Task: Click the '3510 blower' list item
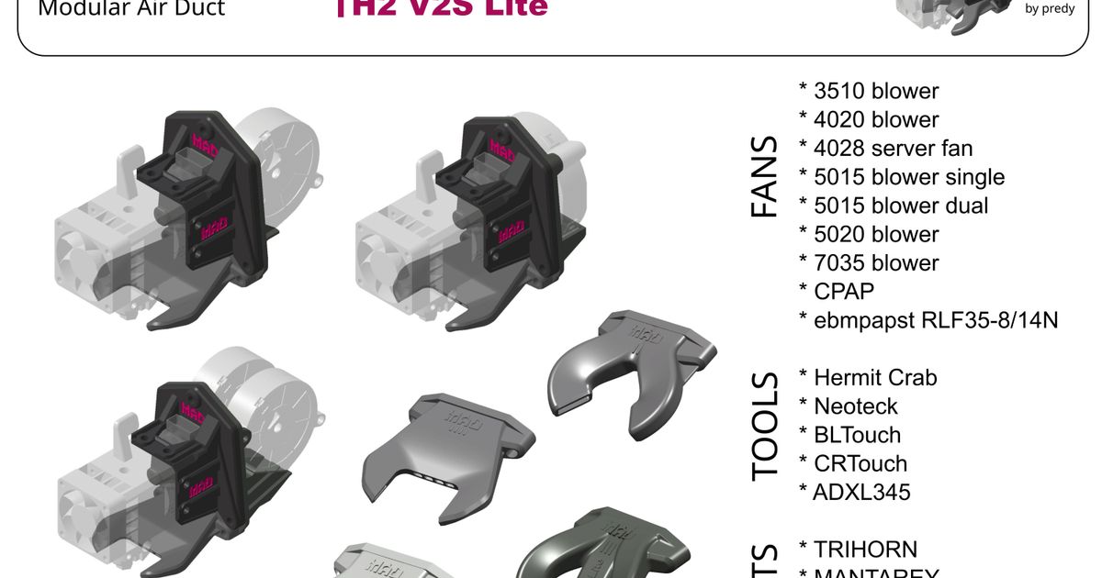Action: pos(870,91)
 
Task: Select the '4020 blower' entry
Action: pos(870,119)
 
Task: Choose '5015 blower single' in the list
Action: pos(902,176)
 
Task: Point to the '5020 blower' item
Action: pos(870,234)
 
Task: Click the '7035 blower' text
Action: pos(870,262)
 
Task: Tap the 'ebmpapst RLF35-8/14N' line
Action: pos(928,320)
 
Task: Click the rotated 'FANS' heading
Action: pos(764,177)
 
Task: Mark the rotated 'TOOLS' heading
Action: pos(764,427)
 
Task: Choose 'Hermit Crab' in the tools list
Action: pos(868,377)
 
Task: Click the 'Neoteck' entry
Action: pos(849,406)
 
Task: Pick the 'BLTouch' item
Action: pos(850,435)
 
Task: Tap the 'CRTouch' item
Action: pos(853,463)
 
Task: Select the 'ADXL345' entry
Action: pos(854,492)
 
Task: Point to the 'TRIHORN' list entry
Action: pos(859,550)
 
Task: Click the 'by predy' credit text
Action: pos(1050,9)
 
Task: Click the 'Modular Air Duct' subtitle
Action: pos(131,10)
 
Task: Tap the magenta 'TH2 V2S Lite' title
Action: pos(442,8)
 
